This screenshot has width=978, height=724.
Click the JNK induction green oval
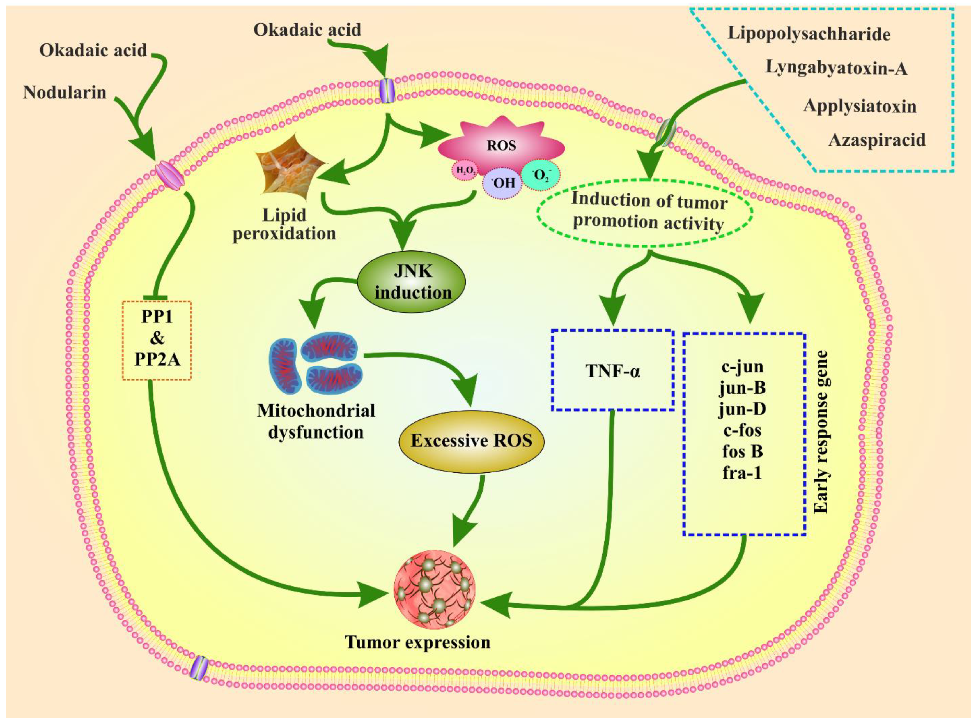[412, 282]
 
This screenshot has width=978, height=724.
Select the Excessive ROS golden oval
[471, 441]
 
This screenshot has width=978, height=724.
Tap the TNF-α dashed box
[613, 371]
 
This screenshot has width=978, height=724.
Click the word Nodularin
[65, 93]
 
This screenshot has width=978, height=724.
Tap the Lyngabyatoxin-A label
[836, 68]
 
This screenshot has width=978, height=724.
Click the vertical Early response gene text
[821, 432]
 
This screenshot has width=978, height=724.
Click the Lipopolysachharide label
[809, 34]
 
